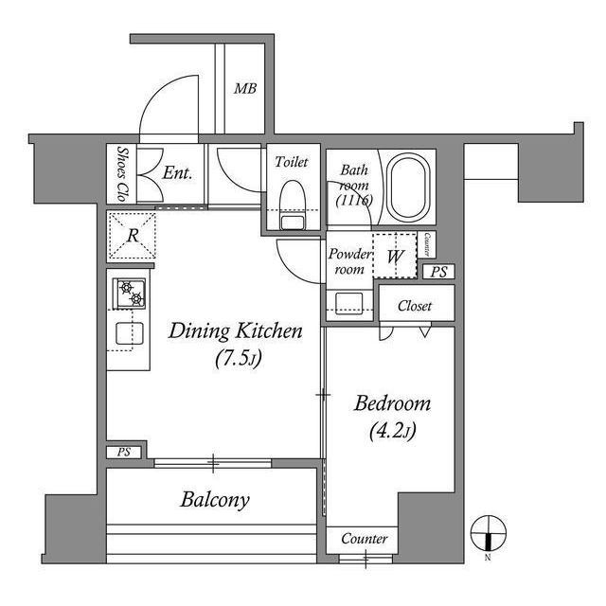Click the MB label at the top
pyautogui.click(x=245, y=91)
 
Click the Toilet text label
pyautogui.click(x=291, y=163)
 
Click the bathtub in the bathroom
pyautogui.click(x=410, y=186)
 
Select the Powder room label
pyautogui.click(x=348, y=261)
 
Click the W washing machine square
pyautogui.click(x=395, y=256)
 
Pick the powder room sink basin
pyautogui.click(x=348, y=302)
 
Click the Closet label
pyautogui.click(x=415, y=306)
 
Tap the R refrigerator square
pyautogui.click(x=134, y=235)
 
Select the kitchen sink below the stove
pyautogui.click(x=130, y=333)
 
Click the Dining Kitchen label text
pyautogui.click(x=235, y=331)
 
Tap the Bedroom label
pyautogui.click(x=392, y=404)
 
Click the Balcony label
pyautogui.click(x=215, y=500)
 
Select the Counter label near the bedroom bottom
pyautogui.click(x=364, y=539)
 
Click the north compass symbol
pyautogui.click(x=487, y=532)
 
